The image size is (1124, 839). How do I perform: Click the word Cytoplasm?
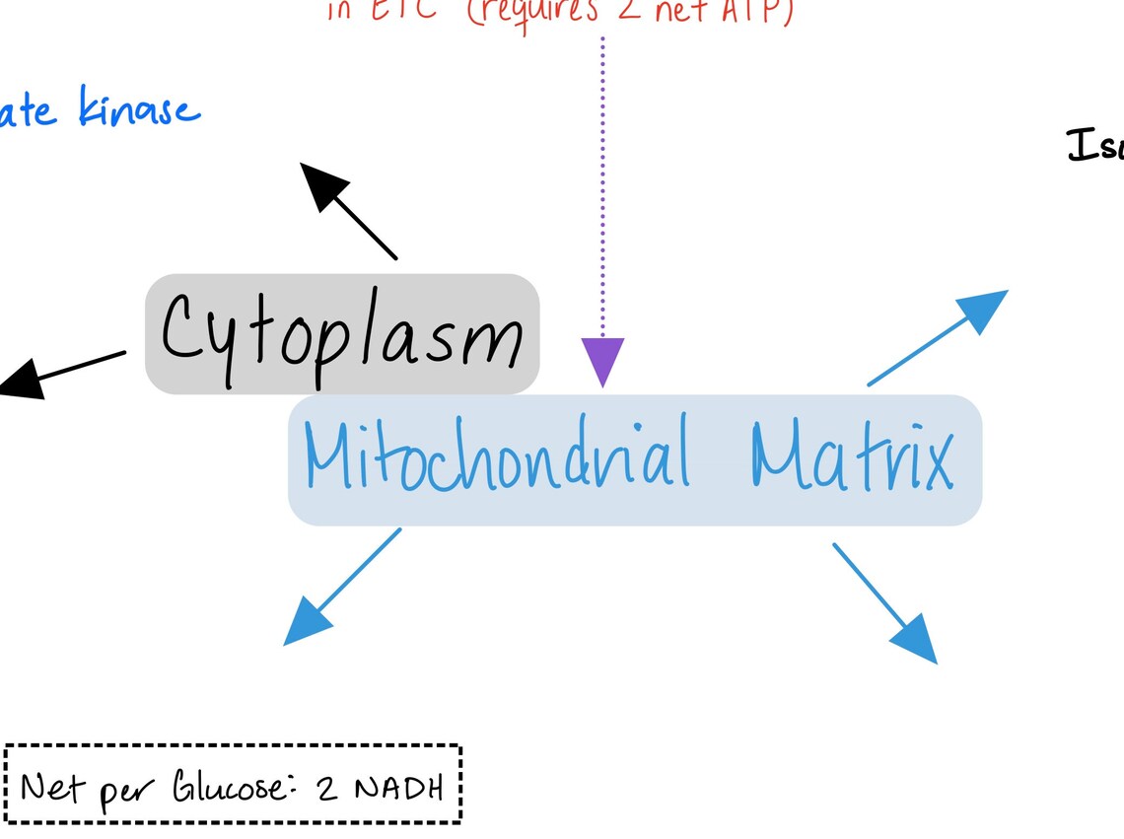pos(341,332)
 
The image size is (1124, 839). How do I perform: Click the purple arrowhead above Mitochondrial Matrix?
pos(602,361)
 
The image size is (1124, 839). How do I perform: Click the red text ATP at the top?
pos(753,10)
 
